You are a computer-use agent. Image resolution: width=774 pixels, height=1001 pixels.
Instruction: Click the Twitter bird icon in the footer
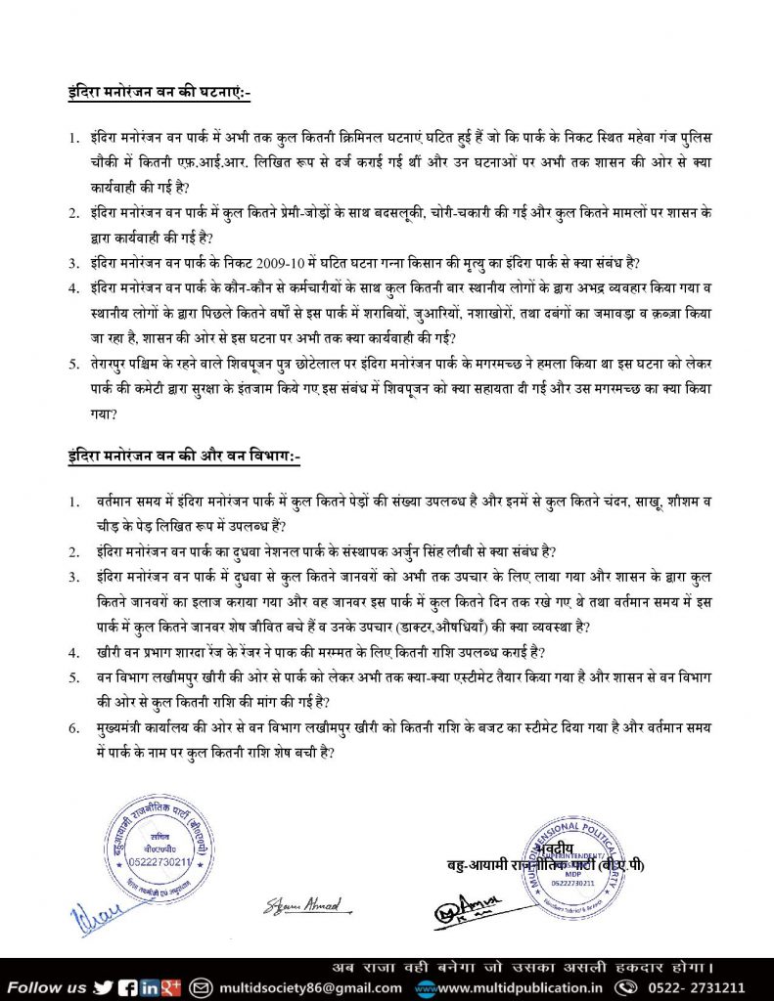point(103,986)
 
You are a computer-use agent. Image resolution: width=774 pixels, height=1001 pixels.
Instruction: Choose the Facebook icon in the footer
point(127,986)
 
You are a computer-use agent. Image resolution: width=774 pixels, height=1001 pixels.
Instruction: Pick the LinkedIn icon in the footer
point(150,986)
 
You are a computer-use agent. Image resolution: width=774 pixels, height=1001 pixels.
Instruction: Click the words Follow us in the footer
point(47,986)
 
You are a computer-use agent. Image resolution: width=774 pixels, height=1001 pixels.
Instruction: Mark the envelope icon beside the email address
point(203,986)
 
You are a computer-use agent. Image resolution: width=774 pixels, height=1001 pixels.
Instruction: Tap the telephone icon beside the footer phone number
point(625,986)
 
